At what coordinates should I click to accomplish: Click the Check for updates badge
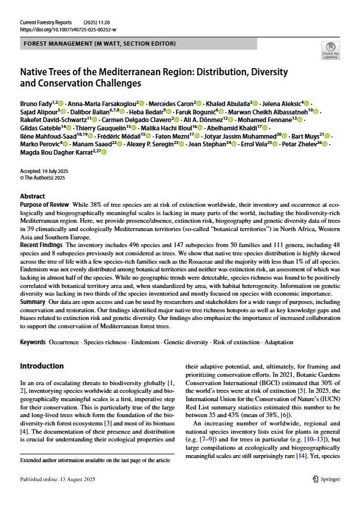point(330,50)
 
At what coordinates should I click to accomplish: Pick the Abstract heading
point(32,196)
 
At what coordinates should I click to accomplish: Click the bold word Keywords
point(33,342)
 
